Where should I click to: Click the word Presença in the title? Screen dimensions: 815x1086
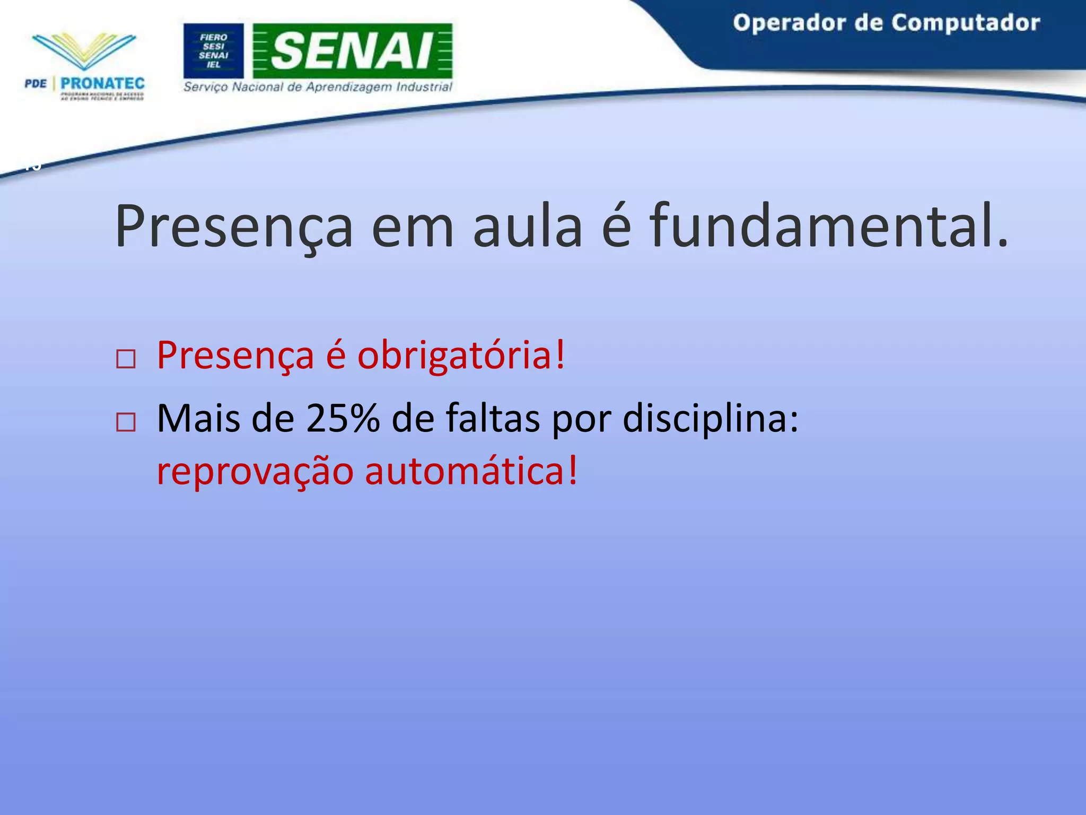click(234, 227)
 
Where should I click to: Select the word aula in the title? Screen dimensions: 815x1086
click(527, 227)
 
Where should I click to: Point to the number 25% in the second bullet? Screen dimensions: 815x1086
click(343, 419)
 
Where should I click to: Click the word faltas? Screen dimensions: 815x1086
click(493, 419)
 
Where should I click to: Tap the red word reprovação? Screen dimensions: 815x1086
click(255, 472)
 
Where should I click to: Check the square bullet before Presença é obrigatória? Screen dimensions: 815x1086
click(126, 359)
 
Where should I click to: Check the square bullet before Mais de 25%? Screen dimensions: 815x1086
click(126, 422)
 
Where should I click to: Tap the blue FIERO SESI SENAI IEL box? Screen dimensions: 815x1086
click(214, 51)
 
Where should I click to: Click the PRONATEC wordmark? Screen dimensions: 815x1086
click(102, 83)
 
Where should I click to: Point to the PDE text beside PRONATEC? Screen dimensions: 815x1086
click(36, 83)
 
